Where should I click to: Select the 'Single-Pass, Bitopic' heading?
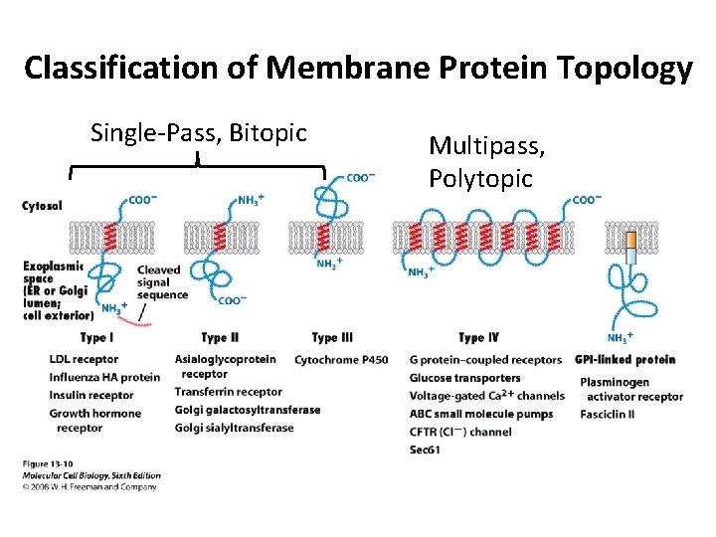[x=198, y=132]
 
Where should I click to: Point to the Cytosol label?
[x=42, y=206]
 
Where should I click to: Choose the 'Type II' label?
[x=220, y=338]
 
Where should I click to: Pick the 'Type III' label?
[x=332, y=338]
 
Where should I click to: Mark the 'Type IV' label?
[x=479, y=338]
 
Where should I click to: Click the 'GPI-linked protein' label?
[x=625, y=359]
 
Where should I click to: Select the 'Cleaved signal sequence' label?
[x=162, y=281]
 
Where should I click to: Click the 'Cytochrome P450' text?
[x=341, y=359]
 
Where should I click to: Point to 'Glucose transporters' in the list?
[x=464, y=378]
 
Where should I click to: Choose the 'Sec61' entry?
[x=425, y=449]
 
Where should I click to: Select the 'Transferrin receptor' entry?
[x=228, y=392]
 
